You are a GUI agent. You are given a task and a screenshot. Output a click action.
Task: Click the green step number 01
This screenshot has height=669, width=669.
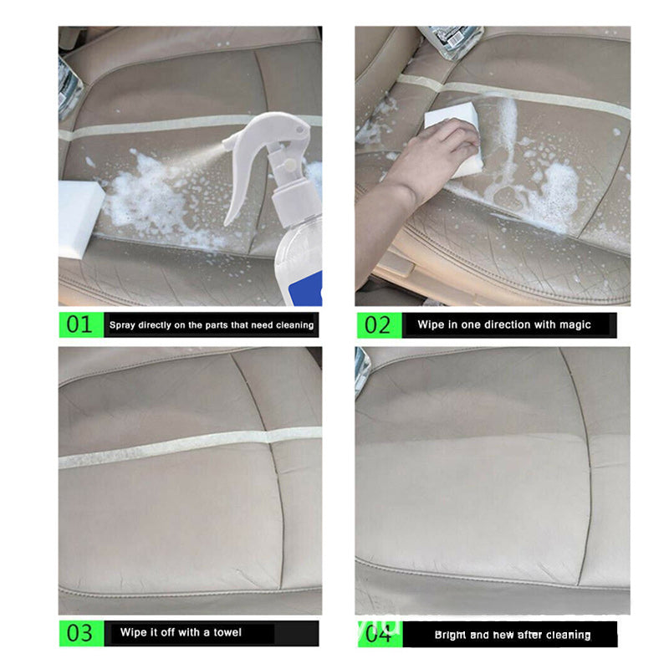(x=79, y=324)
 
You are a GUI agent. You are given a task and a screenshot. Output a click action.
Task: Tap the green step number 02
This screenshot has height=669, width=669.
(x=377, y=324)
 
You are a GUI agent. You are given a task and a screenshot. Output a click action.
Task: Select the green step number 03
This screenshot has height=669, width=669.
(x=79, y=633)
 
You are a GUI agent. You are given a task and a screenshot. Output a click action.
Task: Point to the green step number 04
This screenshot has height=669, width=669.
(x=377, y=633)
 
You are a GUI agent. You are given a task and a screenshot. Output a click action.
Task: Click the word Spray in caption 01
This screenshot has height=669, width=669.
(x=123, y=324)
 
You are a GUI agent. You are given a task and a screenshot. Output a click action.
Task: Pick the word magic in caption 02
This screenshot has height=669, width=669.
(x=573, y=324)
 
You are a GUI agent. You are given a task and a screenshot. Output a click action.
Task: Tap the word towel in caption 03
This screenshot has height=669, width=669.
(x=226, y=632)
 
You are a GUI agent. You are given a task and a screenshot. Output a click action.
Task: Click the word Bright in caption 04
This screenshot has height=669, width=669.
(x=450, y=635)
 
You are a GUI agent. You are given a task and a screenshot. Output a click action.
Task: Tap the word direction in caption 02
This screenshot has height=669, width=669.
(x=508, y=324)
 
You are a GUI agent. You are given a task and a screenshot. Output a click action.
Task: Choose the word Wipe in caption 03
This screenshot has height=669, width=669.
(x=133, y=632)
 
